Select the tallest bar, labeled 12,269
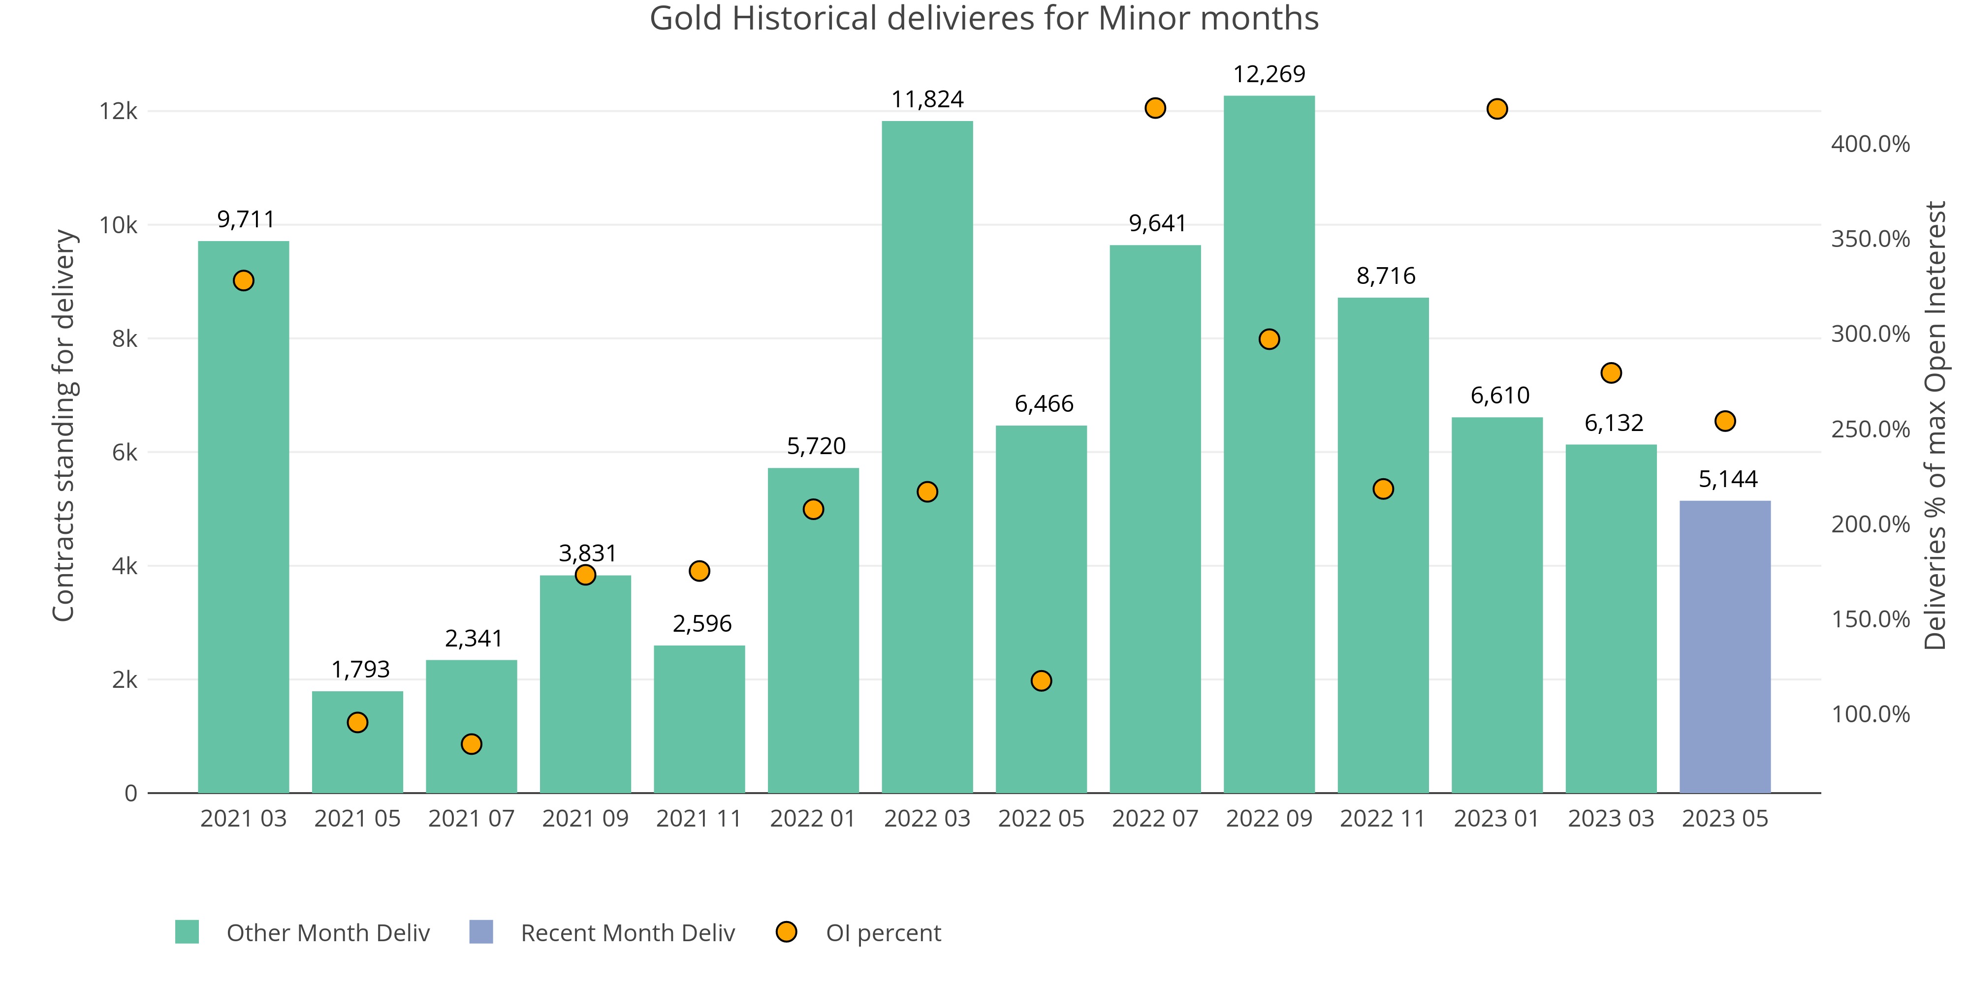pos(1269,444)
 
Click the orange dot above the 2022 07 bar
pos(1155,108)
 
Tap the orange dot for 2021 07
pos(472,744)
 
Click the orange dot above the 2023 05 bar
pos(1724,421)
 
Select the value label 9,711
pos(245,220)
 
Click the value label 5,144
pos(1727,479)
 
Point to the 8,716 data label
pos(1386,276)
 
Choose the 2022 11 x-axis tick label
pos(1383,819)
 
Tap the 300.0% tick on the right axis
pos(1870,334)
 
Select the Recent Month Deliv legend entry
pos(627,933)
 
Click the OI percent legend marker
pos(786,932)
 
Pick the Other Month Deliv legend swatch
pos(187,932)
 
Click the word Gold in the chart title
pos(685,18)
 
